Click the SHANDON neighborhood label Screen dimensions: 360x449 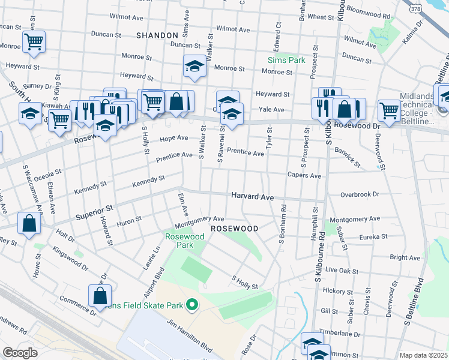coord(157,36)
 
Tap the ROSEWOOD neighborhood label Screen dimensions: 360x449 coord(234,229)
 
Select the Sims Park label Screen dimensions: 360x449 coord(286,60)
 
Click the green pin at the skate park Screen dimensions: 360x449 coord(192,305)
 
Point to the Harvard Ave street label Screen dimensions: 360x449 coord(253,197)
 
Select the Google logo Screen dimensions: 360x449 coord(20,352)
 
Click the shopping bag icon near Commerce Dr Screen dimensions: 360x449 coord(100,295)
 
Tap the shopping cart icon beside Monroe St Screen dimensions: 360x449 coord(34,42)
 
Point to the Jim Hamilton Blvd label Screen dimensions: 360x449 coord(190,340)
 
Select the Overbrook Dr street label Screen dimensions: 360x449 coord(360,194)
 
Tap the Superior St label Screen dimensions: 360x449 coord(94,211)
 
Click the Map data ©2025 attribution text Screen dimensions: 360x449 coord(423,355)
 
